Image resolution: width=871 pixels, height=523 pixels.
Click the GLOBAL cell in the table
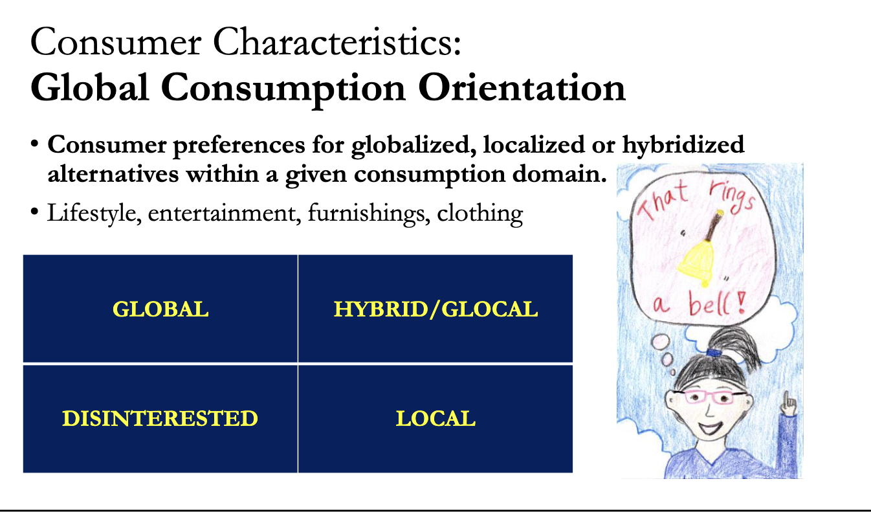click(160, 309)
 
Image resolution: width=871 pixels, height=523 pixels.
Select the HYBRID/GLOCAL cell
click(435, 309)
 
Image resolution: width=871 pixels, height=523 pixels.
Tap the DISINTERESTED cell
click(160, 418)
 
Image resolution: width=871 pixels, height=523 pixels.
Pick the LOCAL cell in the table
click(435, 418)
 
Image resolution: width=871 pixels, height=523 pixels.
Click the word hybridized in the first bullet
click(683, 144)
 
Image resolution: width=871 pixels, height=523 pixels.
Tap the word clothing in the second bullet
click(480, 213)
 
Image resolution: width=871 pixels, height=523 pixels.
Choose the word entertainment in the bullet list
click(225, 213)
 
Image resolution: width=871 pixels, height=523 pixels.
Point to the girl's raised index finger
click(790, 397)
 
